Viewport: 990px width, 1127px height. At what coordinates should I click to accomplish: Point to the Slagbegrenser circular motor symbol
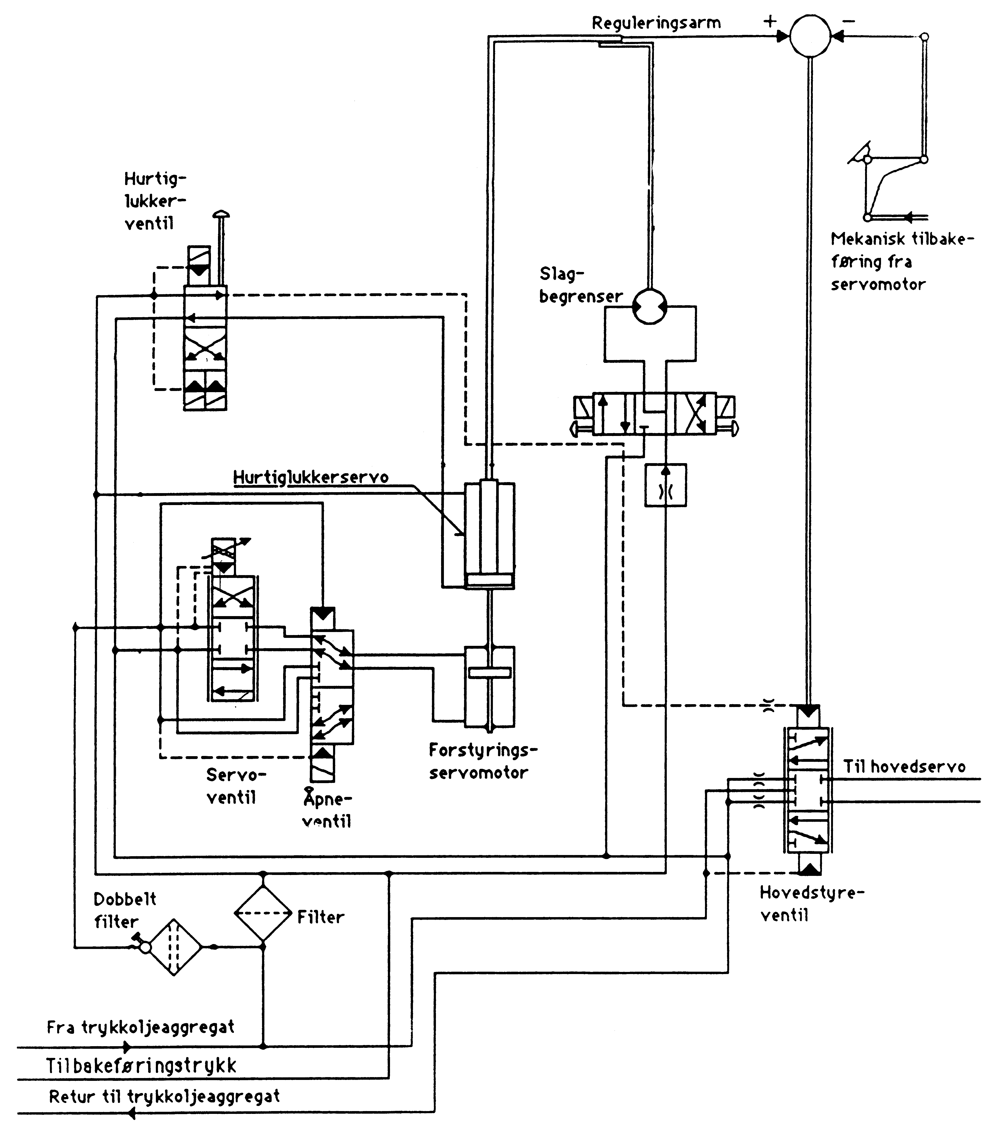(650, 307)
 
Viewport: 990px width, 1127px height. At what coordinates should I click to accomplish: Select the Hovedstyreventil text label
(811, 904)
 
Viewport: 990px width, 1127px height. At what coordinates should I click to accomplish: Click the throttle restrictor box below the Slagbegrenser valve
(666, 485)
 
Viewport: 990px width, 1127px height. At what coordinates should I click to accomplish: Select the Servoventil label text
(236, 786)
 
